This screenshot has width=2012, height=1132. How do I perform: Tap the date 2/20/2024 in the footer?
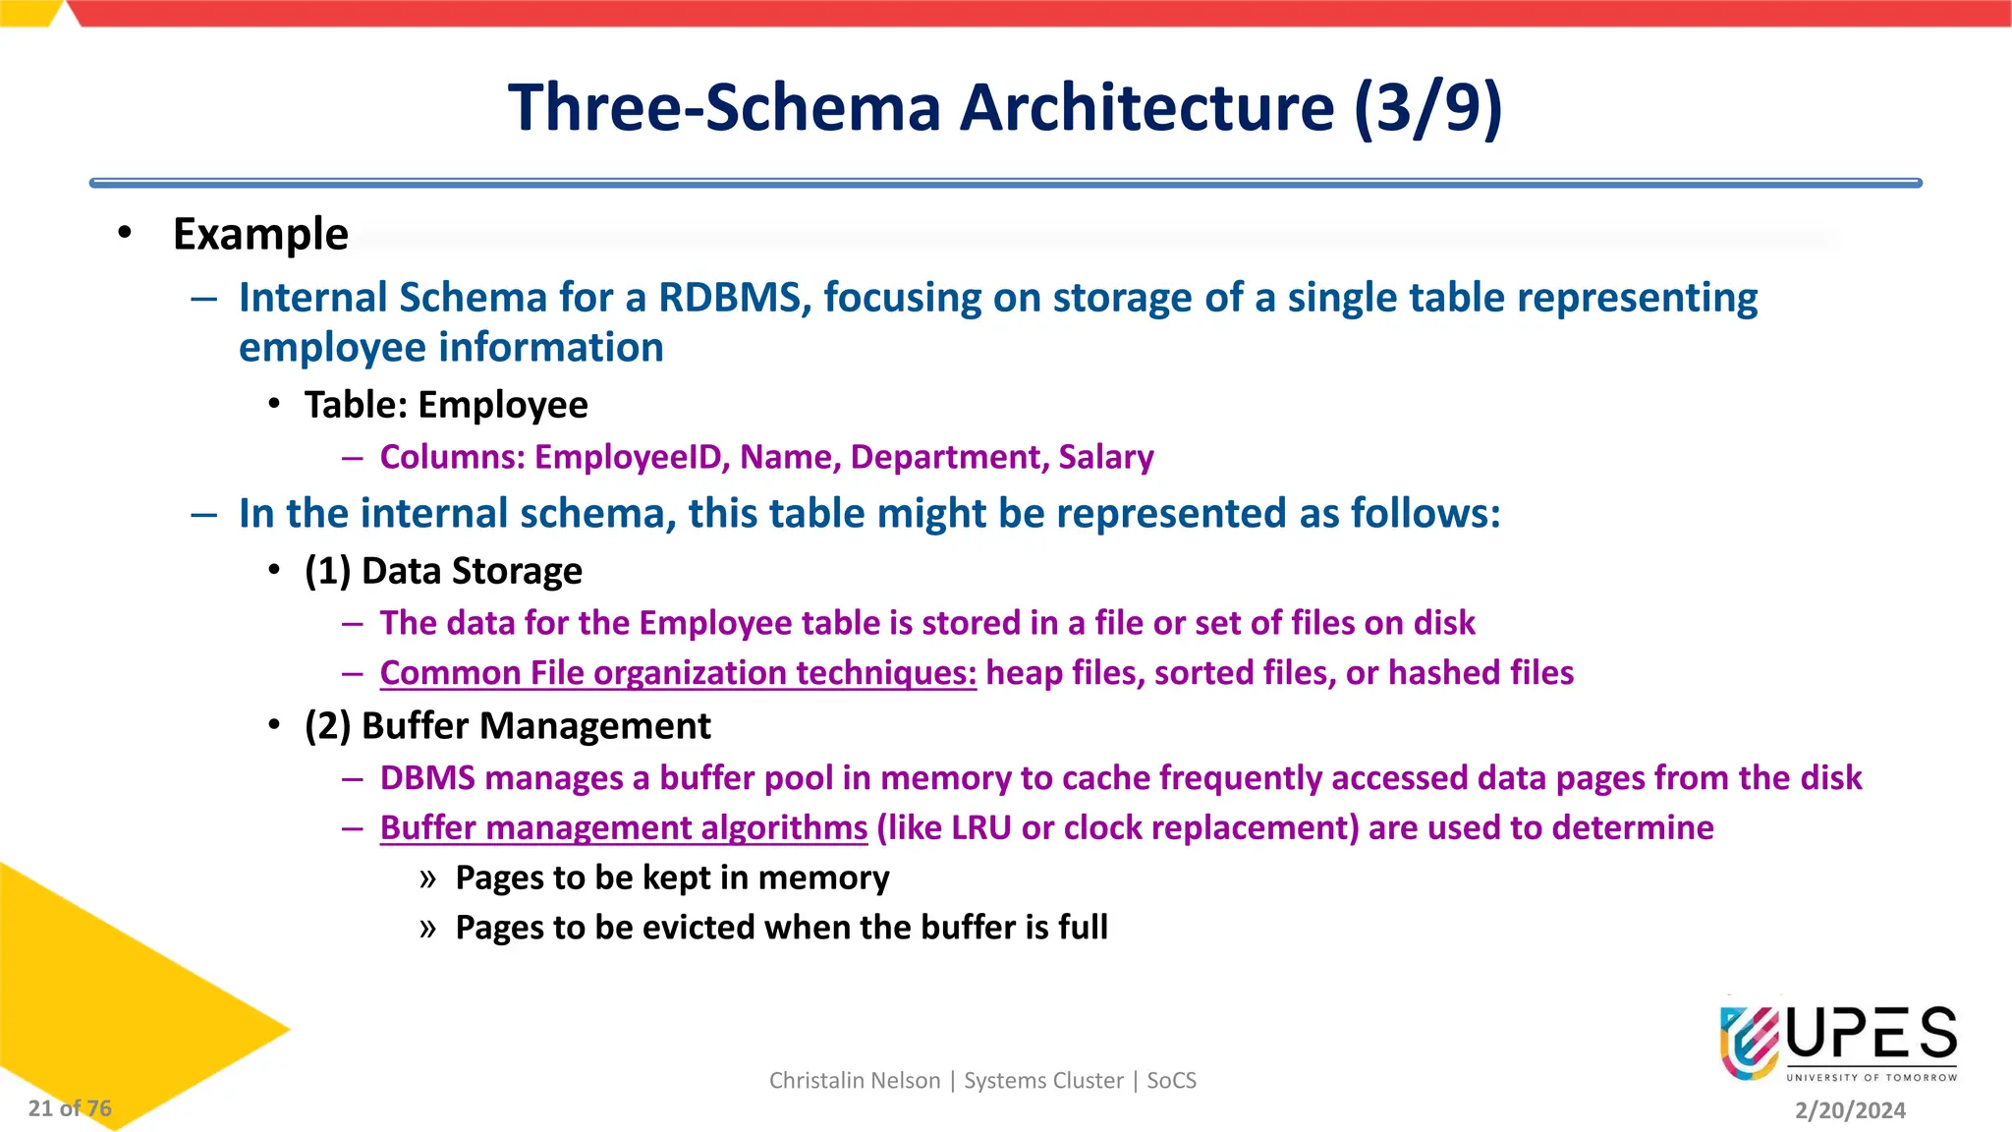1850,1110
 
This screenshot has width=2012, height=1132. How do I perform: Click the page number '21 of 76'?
70,1108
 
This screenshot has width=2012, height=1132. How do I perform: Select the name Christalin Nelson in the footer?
854,1081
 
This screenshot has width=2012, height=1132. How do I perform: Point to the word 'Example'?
260,235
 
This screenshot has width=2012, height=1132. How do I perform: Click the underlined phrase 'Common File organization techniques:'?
678,673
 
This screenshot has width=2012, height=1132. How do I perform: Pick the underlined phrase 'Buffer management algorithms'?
624,828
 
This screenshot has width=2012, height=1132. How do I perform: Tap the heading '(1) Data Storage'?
443,571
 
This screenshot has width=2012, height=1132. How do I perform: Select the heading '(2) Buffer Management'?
507,726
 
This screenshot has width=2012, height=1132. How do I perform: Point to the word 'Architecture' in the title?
1146,107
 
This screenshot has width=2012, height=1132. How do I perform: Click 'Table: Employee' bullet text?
446,405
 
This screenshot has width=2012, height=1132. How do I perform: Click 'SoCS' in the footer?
1171,1081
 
